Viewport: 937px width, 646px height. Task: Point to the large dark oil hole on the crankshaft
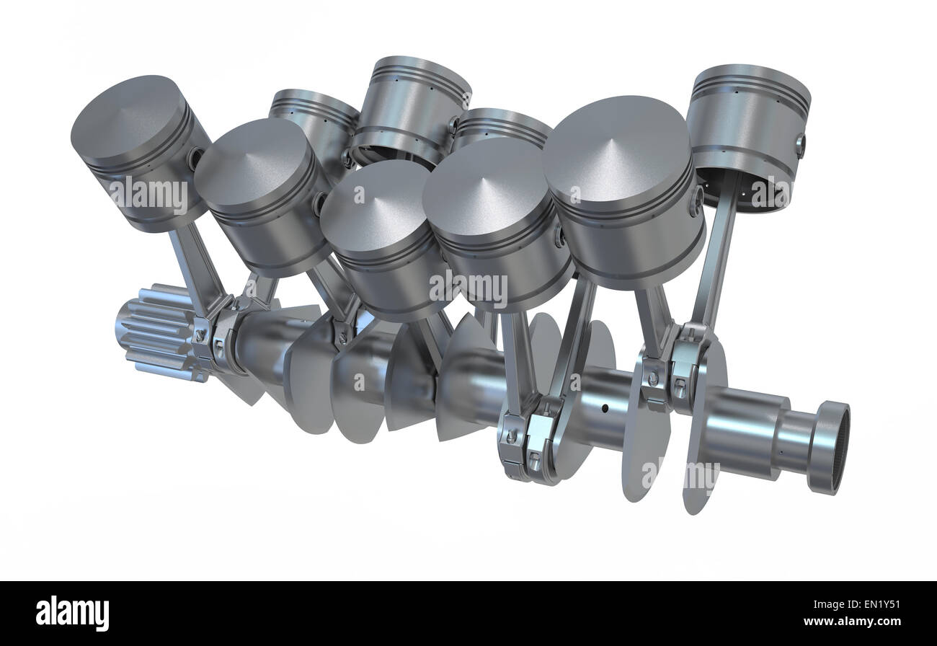click(604, 409)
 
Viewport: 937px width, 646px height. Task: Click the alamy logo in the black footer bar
click(72, 613)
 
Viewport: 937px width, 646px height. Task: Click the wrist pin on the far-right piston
click(800, 145)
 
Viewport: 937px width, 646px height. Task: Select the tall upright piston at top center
click(412, 108)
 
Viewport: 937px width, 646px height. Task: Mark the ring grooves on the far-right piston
click(750, 90)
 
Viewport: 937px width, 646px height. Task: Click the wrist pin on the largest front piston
click(696, 200)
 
